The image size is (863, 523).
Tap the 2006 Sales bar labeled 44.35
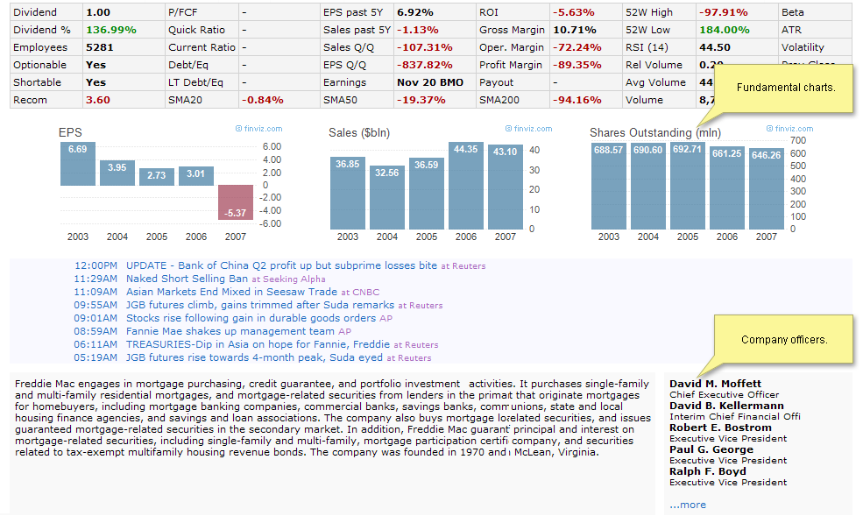tap(466, 186)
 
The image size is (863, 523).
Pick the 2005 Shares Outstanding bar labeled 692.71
tap(688, 186)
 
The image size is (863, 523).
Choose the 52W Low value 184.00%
tap(725, 30)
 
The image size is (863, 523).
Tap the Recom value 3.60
tap(98, 100)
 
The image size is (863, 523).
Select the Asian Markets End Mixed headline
tap(231, 292)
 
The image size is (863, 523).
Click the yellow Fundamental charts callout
tap(785, 88)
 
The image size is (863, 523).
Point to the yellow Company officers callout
tap(784, 339)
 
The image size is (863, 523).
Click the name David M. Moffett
tap(715, 384)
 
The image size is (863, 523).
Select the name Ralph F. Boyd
tap(707, 471)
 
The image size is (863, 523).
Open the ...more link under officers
tap(688, 505)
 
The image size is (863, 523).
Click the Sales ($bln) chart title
tap(359, 133)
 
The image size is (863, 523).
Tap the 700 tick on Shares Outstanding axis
tap(798, 140)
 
